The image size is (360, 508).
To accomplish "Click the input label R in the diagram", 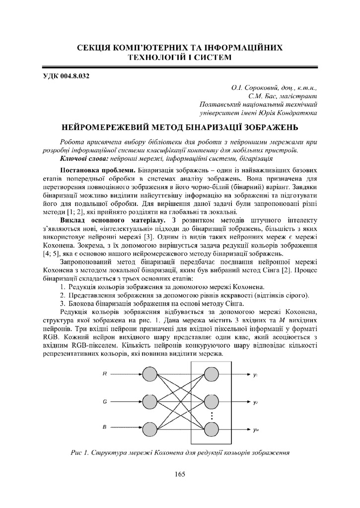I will tap(104, 374).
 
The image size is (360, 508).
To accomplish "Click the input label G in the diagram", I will tap(104, 400).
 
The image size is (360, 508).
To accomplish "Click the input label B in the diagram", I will tap(104, 427).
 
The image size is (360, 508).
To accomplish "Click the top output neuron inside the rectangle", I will tap(211, 374).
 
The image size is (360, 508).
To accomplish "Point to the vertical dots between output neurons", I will tap(211, 414).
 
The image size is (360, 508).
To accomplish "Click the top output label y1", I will tap(255, 375).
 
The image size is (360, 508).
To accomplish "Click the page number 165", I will tap(180, 475).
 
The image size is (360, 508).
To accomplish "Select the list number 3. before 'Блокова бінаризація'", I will tap(63, 303).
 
